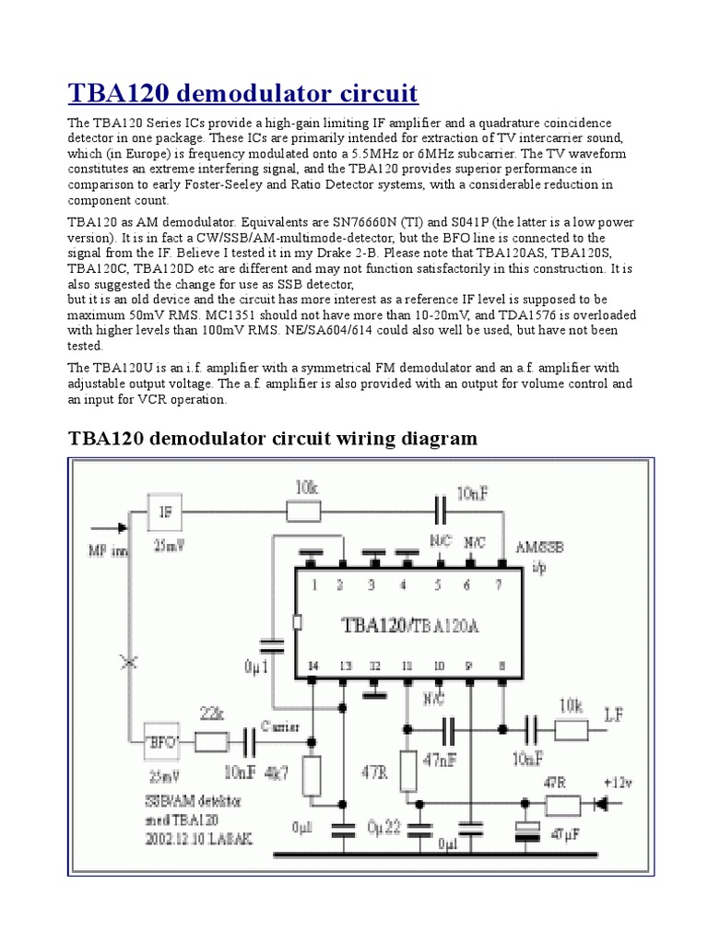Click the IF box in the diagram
pyautogui.click(x=167, y=510)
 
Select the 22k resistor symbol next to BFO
pyautogui.click(x=213, y=740)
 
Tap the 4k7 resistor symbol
pyautogui.click(x=312, y=774)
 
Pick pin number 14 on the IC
pyautogui.click(x=313, y=665)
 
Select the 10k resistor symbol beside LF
pyautogui.click(x=571, y=730)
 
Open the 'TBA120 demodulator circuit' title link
pyautogui.click(x=243, y=93)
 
